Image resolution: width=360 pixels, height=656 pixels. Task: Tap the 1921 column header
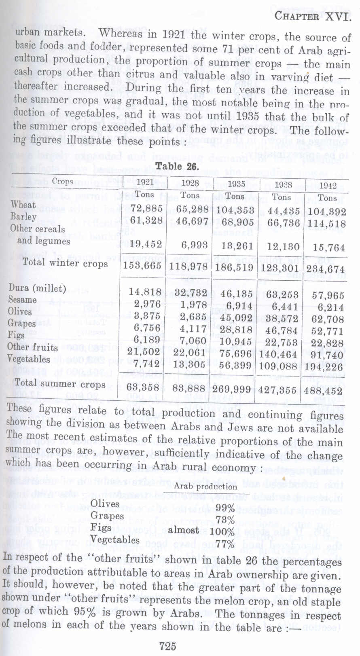pyautogui.click(x=145, y=182)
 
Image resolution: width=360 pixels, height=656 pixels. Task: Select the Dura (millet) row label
pyautogui.click(x=37, y=288)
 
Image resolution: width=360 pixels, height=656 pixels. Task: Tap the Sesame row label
pyautogui.click(x=22, y=300)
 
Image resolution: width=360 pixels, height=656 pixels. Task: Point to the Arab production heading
pyautogui.click(x=205, y=487)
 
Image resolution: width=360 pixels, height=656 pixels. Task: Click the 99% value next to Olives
pyautogui.click(x=225, y=508)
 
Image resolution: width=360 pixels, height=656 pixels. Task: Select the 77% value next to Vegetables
pyautogui.click(x=225, y=544)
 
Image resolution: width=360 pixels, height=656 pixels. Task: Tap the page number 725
pyautogui.click(x=167, y=646)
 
